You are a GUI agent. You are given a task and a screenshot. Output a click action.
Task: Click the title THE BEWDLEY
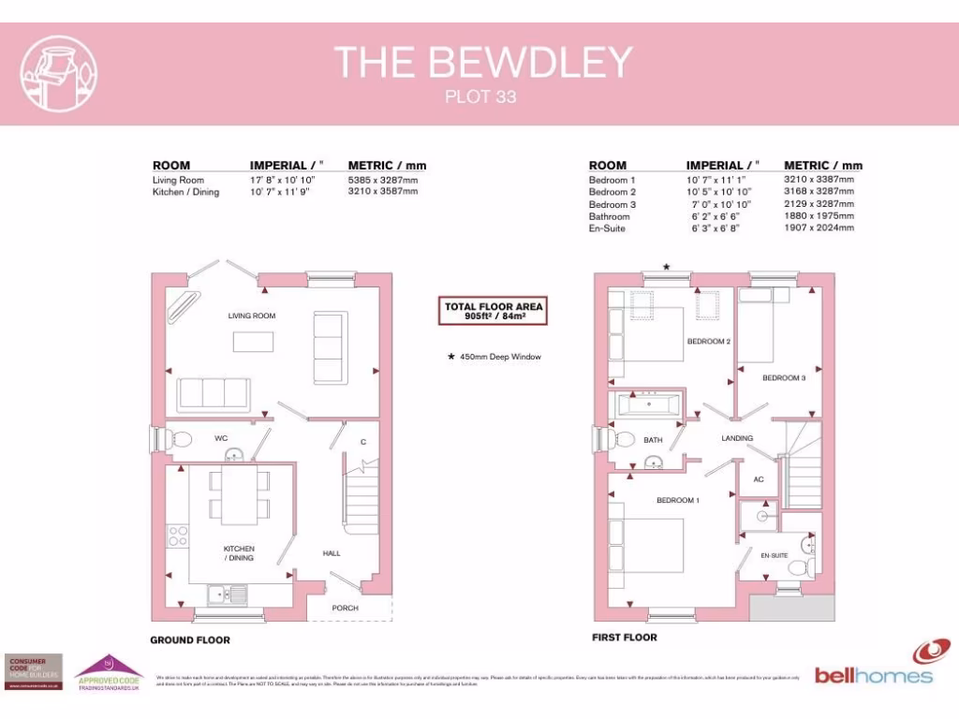click(x=483, y=62)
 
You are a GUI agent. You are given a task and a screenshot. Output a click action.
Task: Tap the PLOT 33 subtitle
click(x=479, y=96)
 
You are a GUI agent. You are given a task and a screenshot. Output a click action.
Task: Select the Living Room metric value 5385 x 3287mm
click(x=383, y=180)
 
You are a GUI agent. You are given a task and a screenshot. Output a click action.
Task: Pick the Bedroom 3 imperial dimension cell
click(x=722, y=204)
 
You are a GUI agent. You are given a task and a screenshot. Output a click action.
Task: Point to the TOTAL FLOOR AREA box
click(x=494, y=312)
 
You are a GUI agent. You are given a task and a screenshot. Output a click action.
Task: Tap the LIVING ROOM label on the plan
click(x=252, y=316)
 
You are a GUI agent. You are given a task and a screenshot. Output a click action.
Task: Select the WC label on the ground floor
click(x=221, y=438)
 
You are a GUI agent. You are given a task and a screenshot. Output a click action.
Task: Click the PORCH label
click(x=346, y=609)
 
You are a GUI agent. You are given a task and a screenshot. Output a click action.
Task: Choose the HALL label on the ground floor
click(x=332, y=553)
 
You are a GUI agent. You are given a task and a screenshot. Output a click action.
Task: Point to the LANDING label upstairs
click(x=737, y=438)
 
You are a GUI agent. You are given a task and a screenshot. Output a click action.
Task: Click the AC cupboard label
click(x=758, y=480)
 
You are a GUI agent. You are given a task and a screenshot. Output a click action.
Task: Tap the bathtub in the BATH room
click(x=650, y=405)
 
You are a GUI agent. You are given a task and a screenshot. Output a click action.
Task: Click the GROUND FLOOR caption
click(x=190, y=640)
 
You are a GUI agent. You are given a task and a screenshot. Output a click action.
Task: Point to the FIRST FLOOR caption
click(x=625, y=638)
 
